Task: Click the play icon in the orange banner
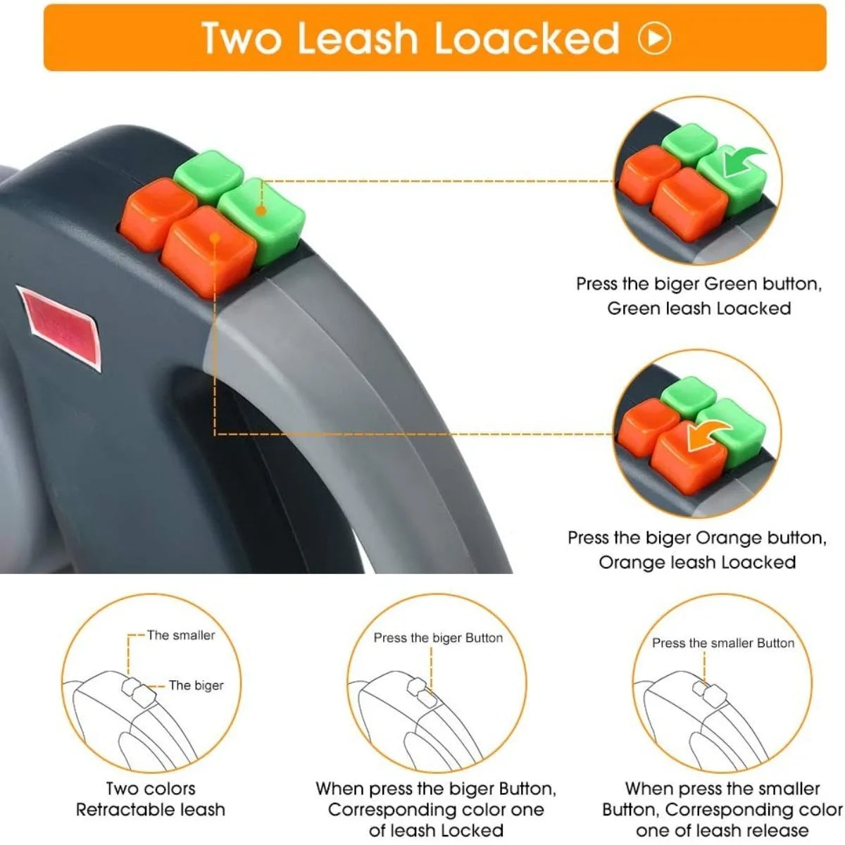click(654, 38)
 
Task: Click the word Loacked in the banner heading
click(527, 38)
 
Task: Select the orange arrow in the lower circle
click(706, 433)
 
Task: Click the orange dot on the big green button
click(261, 210)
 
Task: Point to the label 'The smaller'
click(181, 635)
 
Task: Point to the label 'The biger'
click(196, 685)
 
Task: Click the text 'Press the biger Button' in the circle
click(438, 638)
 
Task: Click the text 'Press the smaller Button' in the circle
click(722, 643)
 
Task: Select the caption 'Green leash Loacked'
click(699, 308)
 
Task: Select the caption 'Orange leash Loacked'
click(697, 562)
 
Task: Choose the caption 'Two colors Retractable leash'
click(151, 799)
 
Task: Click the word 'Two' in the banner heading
click(242, 38)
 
